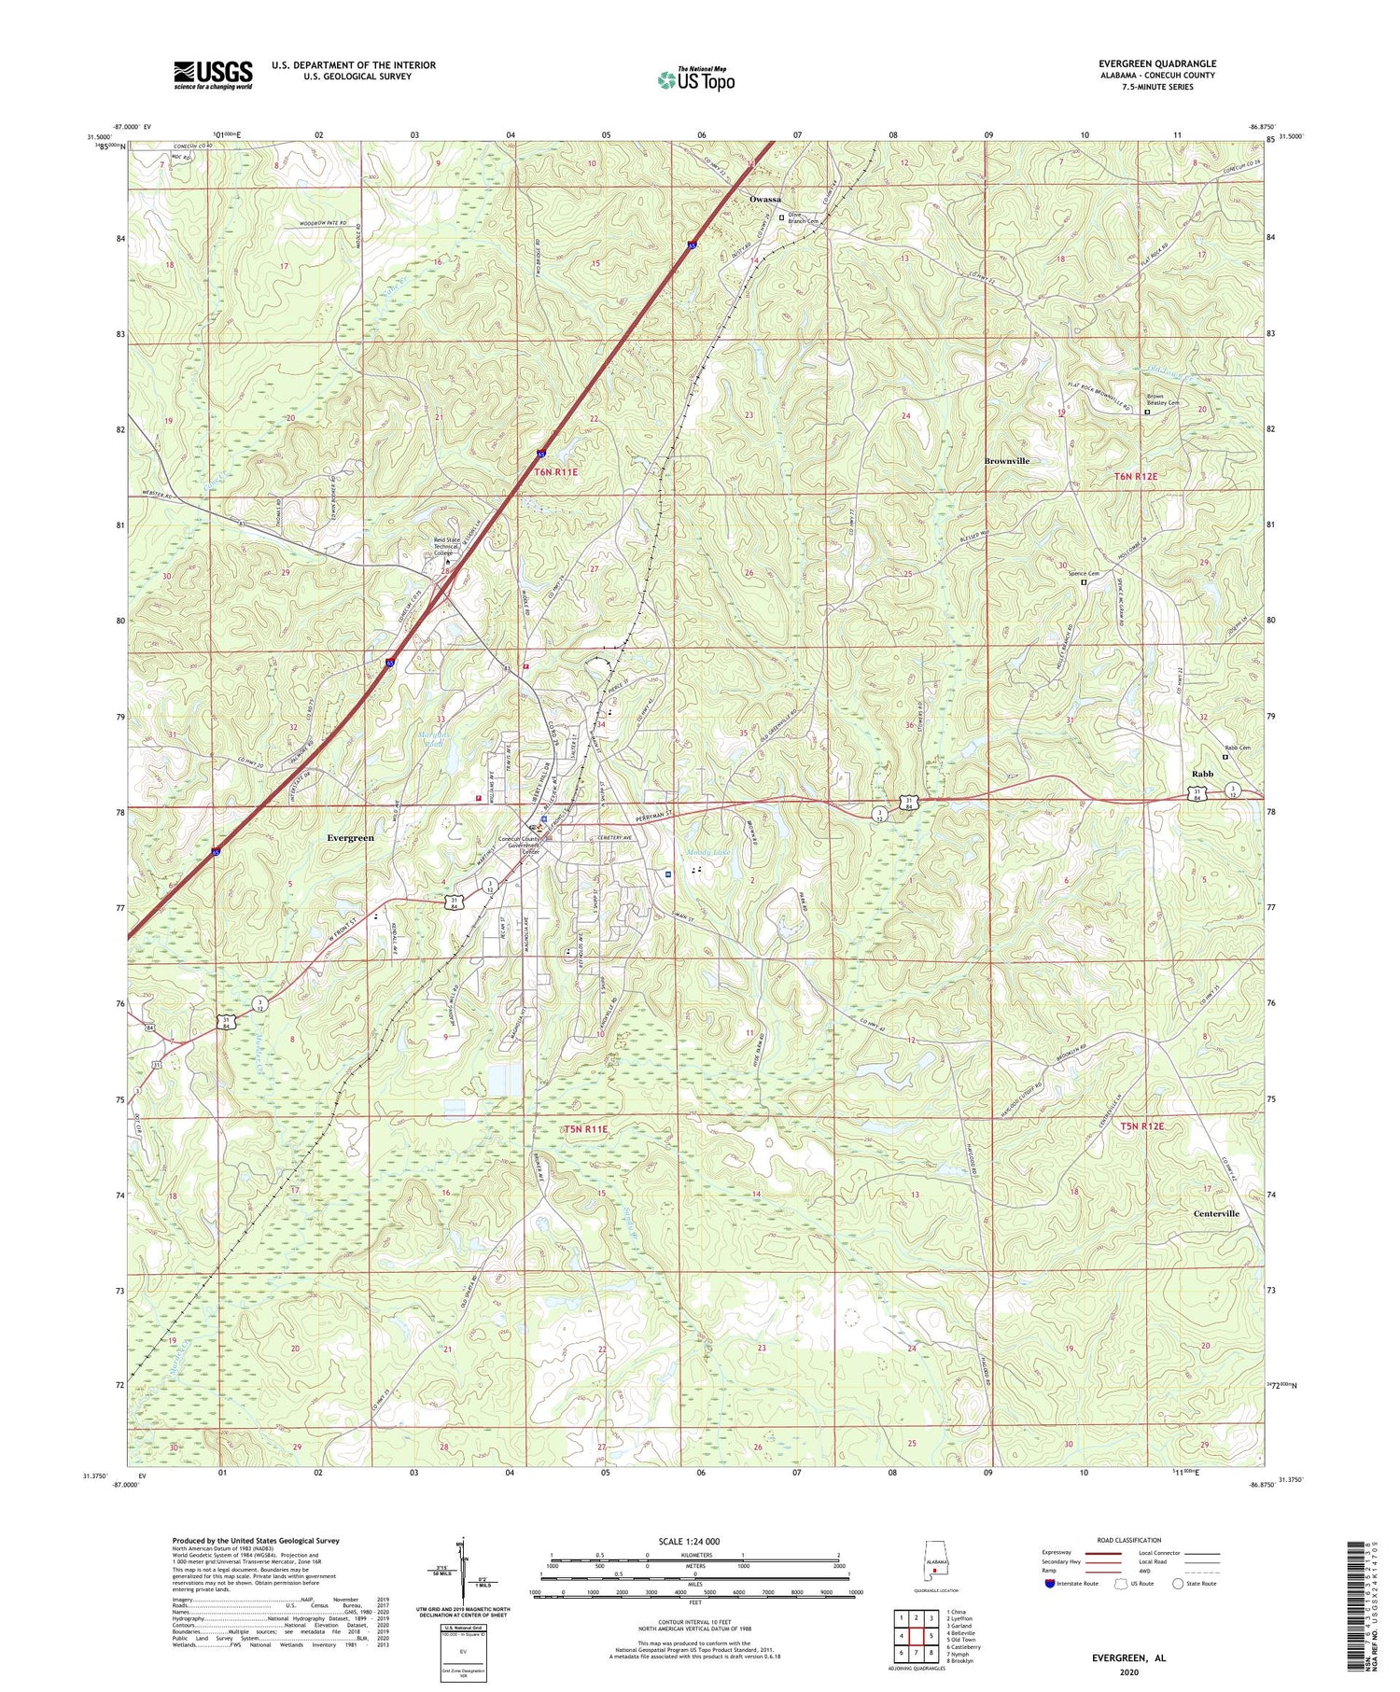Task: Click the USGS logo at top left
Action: pos(212,75)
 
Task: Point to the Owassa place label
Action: pos(765,200)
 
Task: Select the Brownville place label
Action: pos(1007,461)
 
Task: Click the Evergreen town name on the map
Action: pos(350,838)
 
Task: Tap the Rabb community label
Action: pos(1202,774)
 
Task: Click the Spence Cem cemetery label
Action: pos(1083,574)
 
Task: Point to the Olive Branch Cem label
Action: pos(804,217)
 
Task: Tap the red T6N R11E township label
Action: pos(555,472)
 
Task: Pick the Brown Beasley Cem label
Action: pos(1162,399)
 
